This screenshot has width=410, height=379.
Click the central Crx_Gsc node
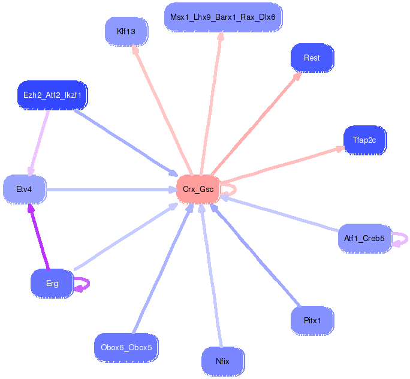[198, 189]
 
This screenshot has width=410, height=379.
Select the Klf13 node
[126, 31]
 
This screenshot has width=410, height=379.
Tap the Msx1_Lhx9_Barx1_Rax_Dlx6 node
[222, 17]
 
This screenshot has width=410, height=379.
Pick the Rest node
[312, 58]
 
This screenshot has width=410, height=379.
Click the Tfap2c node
[364, 140]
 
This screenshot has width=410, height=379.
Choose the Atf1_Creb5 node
[364, 239]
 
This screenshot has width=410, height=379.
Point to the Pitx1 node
[312, 320]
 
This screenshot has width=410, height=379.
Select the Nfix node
[223, 362]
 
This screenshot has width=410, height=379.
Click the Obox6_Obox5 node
[126, 347]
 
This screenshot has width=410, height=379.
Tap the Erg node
[52, 283]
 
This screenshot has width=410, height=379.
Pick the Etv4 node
[24, 189]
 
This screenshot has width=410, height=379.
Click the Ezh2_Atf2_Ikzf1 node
[52, 95]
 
